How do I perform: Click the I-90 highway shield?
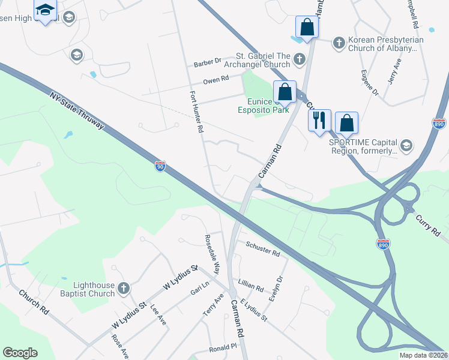click(160, 166)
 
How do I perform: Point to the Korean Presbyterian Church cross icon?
click(339, 43)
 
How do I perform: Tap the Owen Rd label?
click(216, 79)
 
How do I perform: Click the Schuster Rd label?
click(263, 250)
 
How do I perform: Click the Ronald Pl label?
click(223, 348)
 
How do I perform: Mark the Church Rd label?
click(34, 302)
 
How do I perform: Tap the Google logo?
click(20, 353)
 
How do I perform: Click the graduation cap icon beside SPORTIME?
click(406, 145)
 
